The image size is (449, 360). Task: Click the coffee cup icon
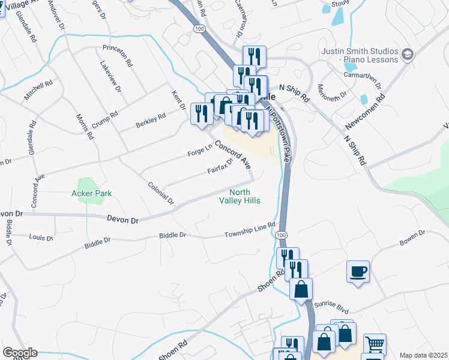(358, 272)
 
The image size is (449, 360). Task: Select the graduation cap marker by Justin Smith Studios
(408, 55)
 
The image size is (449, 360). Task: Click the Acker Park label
(92, 193)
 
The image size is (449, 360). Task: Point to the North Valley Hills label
(240, 196)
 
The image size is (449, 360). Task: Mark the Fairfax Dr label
(220, 166)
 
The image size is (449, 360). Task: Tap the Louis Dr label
(41, 238)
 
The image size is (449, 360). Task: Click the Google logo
(19, 353)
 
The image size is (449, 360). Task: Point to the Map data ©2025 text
(423, 355)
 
